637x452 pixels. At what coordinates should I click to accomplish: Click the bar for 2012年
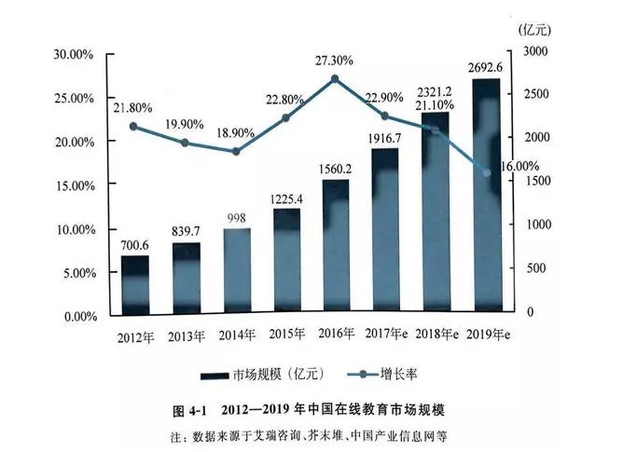[x=134, y=283]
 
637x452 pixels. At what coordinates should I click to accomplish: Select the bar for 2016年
[x=336, y=246]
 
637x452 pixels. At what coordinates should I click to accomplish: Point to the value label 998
[x=236, y=217]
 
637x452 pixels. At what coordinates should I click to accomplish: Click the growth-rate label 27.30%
[x=334, y=60]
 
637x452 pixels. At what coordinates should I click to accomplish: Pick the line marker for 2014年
[x=236, y=151]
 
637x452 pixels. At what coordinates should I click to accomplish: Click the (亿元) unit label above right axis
[x=536, y=27]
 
